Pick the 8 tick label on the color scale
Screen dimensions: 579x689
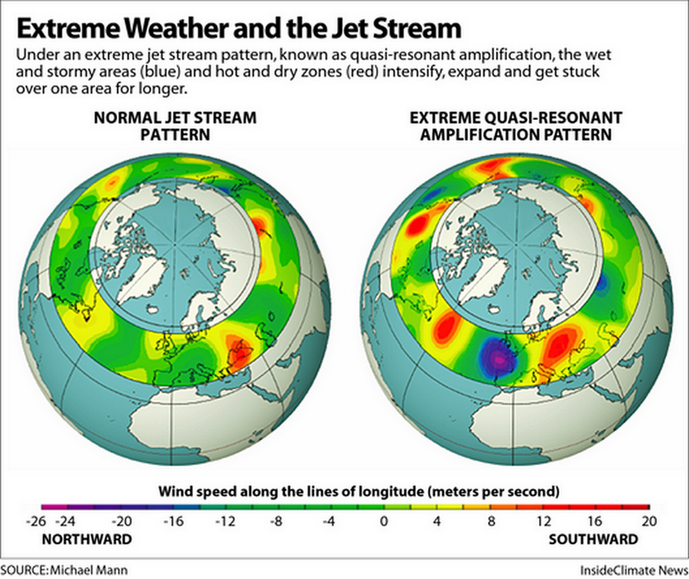490,521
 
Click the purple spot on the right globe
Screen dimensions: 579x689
498,356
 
